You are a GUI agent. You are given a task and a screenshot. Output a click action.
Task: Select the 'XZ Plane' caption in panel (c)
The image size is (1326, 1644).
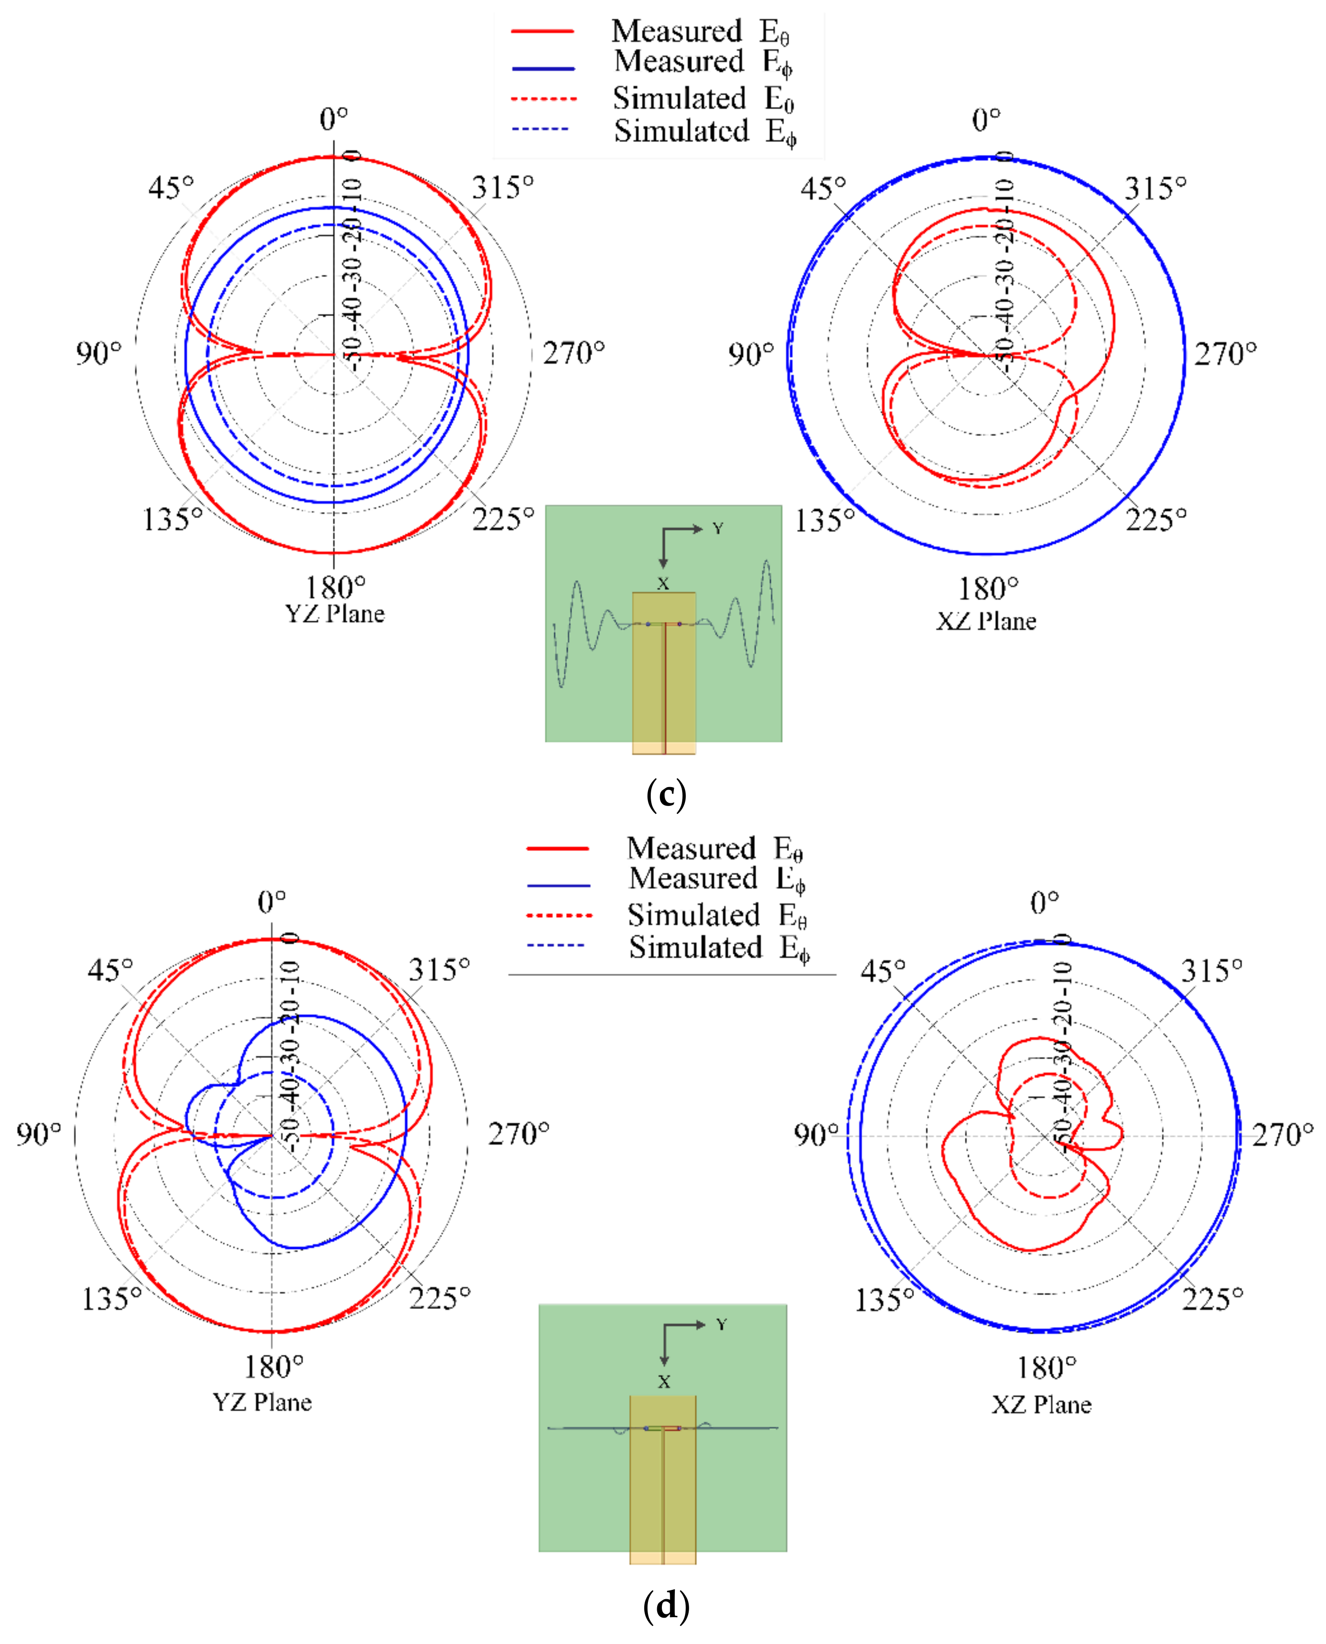pyautogui.click(x=986, y=621)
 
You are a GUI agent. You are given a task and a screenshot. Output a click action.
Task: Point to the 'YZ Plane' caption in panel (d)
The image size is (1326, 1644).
pyautogui.click(x=262, y=1402)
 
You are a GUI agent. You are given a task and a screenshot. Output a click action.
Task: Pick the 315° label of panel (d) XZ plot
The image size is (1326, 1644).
pyautogui.click(x=1211, y=971)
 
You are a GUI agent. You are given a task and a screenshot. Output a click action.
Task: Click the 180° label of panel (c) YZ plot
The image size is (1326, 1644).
pyautogui.click(x=336, y=587)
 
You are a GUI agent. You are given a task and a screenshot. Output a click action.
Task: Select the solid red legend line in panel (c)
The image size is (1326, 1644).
pyautogui.click(x=542, y=31)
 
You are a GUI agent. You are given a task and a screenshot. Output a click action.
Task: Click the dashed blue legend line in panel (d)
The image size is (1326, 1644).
pyautogui.click(x=555, y=946)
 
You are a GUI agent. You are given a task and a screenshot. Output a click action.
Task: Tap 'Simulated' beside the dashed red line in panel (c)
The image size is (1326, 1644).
pyautogui.click(x=679, y=99)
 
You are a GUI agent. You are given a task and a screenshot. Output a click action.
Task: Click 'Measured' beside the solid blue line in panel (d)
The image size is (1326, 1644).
pyautogui.click(x=692, y=878)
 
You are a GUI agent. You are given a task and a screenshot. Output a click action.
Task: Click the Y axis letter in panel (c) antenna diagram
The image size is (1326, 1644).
pyautogui.click(x=717, y=528)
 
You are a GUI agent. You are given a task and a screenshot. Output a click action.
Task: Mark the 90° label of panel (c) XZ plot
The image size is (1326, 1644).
pyautogui.click(x=750, y=354)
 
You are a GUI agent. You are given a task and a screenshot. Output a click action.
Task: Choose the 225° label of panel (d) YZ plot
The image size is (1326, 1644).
pyautogui.click(x=439, y=1298)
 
